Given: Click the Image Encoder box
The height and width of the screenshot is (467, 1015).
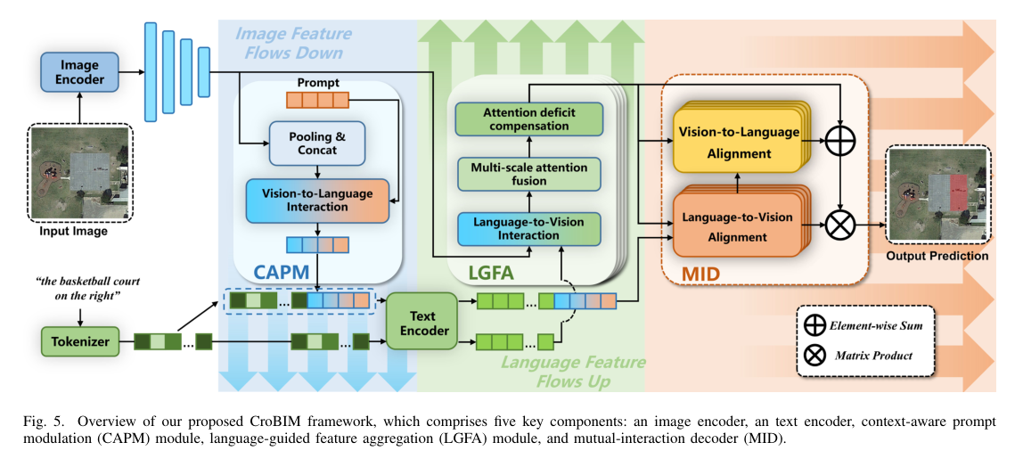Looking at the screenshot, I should coord(79,70).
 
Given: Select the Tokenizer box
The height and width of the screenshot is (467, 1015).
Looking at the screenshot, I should coord(79,340).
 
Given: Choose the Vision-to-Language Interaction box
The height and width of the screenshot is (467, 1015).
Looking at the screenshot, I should coord(318,201).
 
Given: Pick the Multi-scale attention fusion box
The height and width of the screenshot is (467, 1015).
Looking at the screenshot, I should coord(529,173).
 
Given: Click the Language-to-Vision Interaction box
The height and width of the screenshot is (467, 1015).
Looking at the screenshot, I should coord(529,228).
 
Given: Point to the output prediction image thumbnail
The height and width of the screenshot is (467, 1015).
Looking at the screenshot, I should coord(937,195).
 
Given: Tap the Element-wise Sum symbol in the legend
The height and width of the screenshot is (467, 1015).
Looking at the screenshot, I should coord(814,325).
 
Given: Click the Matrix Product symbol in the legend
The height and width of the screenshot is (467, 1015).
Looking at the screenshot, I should coord(814,355).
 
